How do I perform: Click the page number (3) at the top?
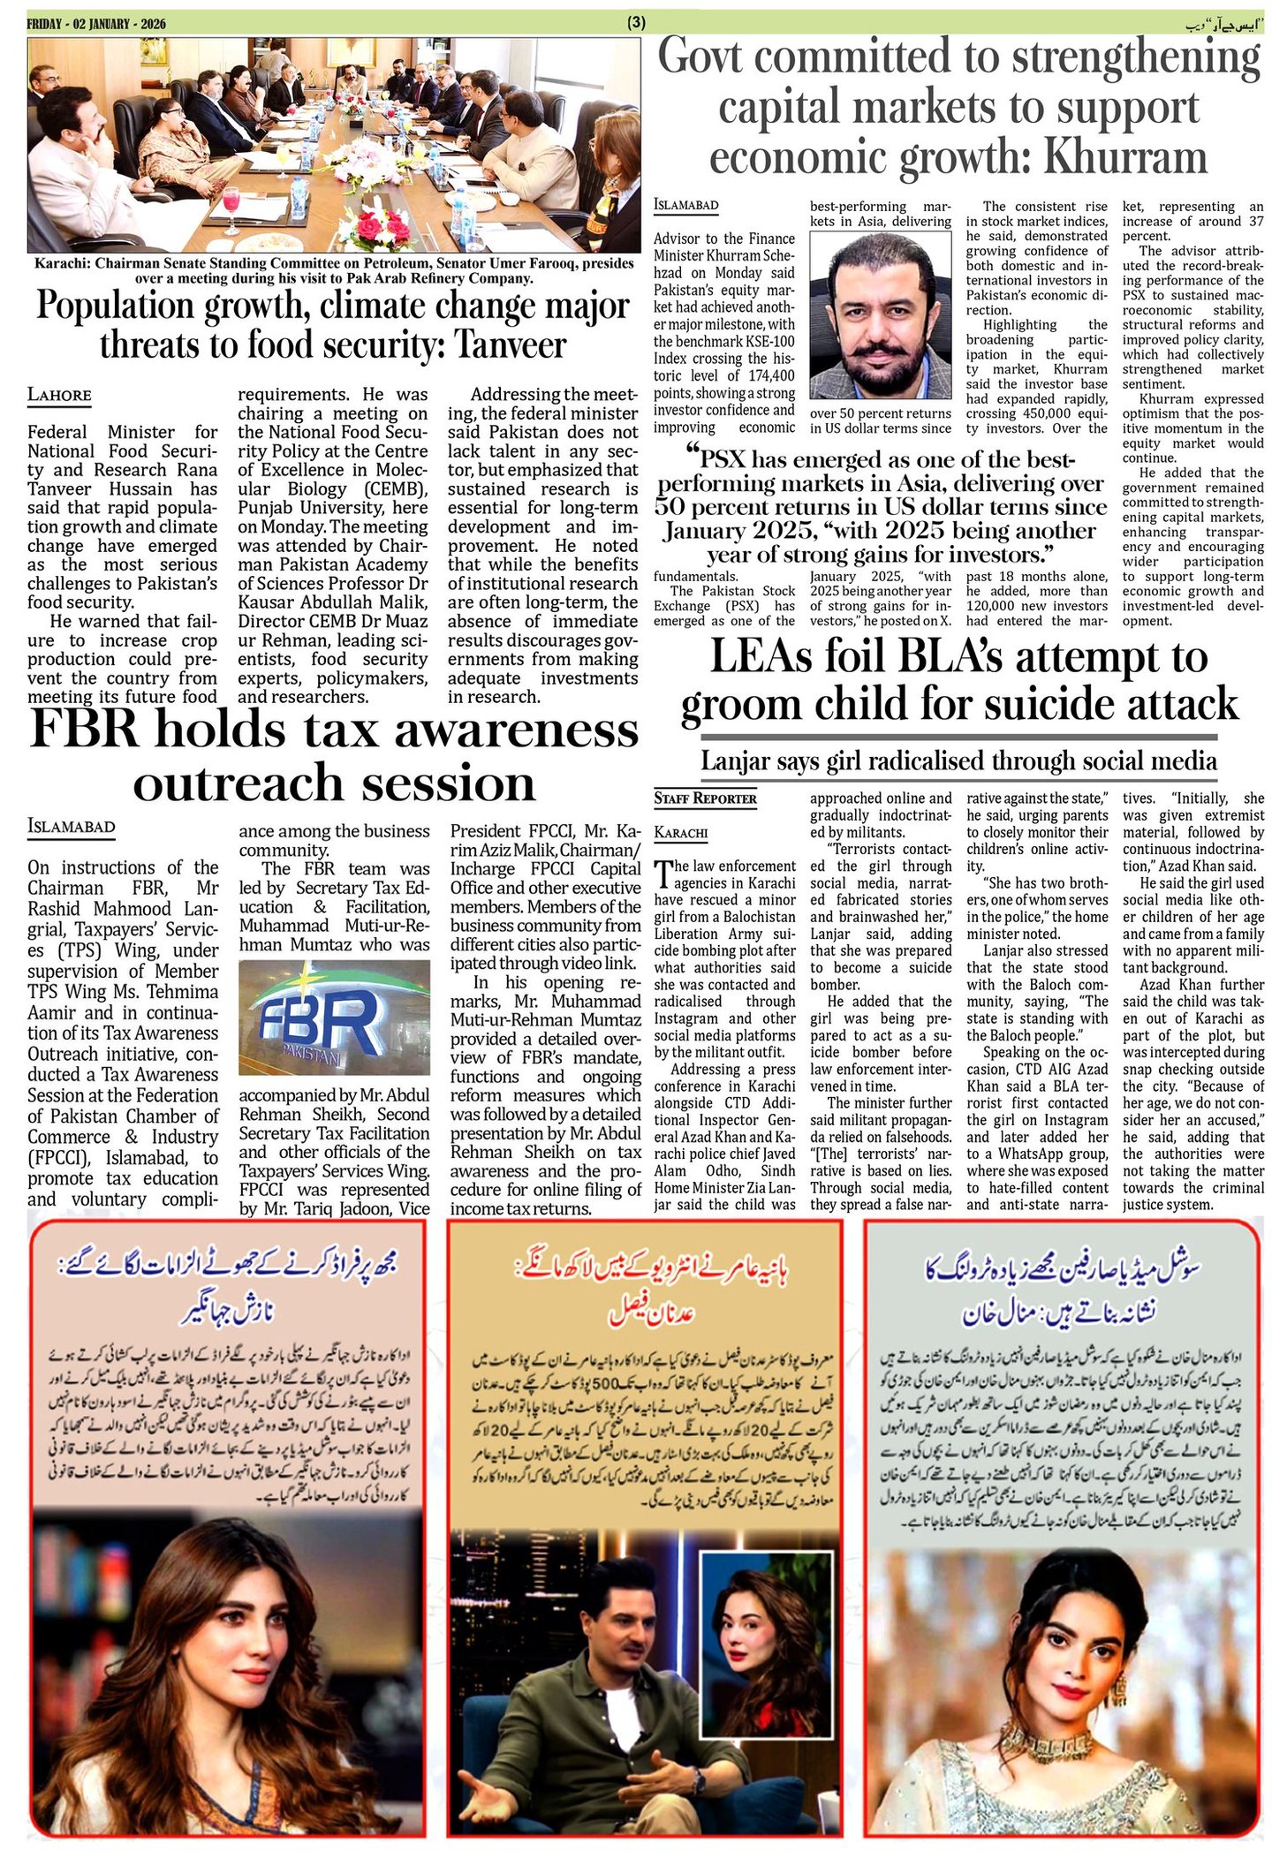coord(636,24)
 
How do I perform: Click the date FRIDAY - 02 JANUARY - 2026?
coord(95,24)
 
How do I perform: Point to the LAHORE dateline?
coord(59,395)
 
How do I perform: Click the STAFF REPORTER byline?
coord(705,798)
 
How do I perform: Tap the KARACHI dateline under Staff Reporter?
coord(681,833)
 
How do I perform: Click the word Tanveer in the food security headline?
coord(510,344)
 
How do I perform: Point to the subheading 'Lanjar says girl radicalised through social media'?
coord(958,761)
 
